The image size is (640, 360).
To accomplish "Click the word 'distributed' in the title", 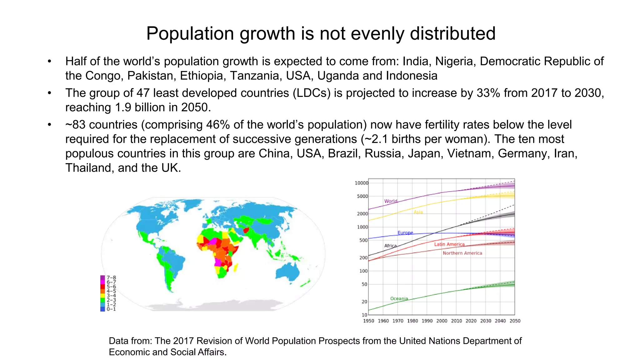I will [452, 33].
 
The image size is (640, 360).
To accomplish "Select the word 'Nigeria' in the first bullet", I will [455, 62].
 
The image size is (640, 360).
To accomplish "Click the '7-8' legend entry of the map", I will [111, 277].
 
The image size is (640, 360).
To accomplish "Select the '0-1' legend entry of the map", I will [111, 309].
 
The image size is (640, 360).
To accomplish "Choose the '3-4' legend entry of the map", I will [111, 296].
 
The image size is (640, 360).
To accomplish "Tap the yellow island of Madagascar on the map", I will [236, 267].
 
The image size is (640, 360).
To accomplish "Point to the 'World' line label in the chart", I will [391, 201].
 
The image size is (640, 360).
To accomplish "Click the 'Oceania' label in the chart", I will [399, 299].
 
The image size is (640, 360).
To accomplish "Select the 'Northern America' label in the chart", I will [462, 253].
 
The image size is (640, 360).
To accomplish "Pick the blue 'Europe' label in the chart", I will [405, 233].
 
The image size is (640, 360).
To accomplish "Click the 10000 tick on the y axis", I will [361, 183].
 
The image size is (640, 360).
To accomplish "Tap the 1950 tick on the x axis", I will [368, 321].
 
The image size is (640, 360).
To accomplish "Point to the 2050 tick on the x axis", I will [515, 321].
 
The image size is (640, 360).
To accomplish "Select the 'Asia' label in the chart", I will [418, 212].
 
